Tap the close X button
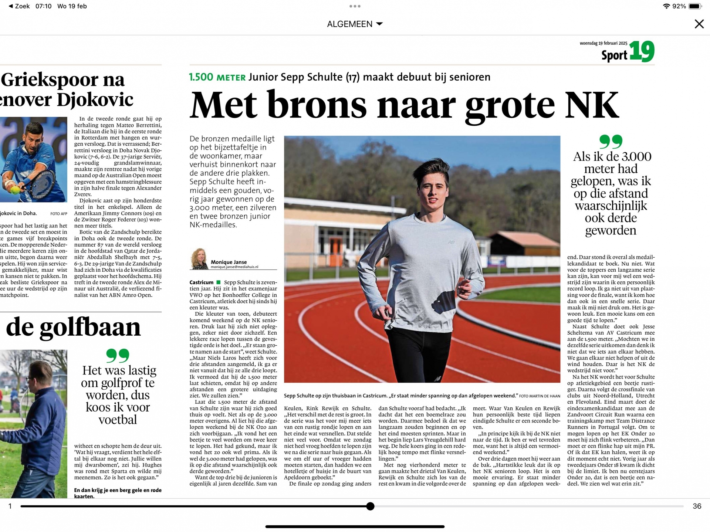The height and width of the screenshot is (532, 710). click(699, 24)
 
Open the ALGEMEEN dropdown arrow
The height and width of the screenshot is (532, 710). click(379, 24)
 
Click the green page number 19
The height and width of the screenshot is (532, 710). click(642, 52)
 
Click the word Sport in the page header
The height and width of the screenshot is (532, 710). click(614, 55)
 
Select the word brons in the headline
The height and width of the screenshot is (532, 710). click(317, 105)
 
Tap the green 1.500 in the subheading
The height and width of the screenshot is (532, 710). click(201, 77)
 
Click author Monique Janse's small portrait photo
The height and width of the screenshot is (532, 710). click(199, 258)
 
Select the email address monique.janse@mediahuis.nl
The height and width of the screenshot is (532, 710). click(234, 267)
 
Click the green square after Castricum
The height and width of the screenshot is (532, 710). click(219, 282)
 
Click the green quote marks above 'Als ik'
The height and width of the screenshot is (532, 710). click(611, 142)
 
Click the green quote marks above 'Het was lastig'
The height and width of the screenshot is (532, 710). click(118, 356)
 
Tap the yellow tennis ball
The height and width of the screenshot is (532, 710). click(15, 190)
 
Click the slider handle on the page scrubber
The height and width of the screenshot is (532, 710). click(370, 506)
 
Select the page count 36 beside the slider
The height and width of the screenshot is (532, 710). click(697, 506)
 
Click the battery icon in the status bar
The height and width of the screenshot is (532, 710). click(694, 6)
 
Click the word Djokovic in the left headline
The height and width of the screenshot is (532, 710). click(95, 100)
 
